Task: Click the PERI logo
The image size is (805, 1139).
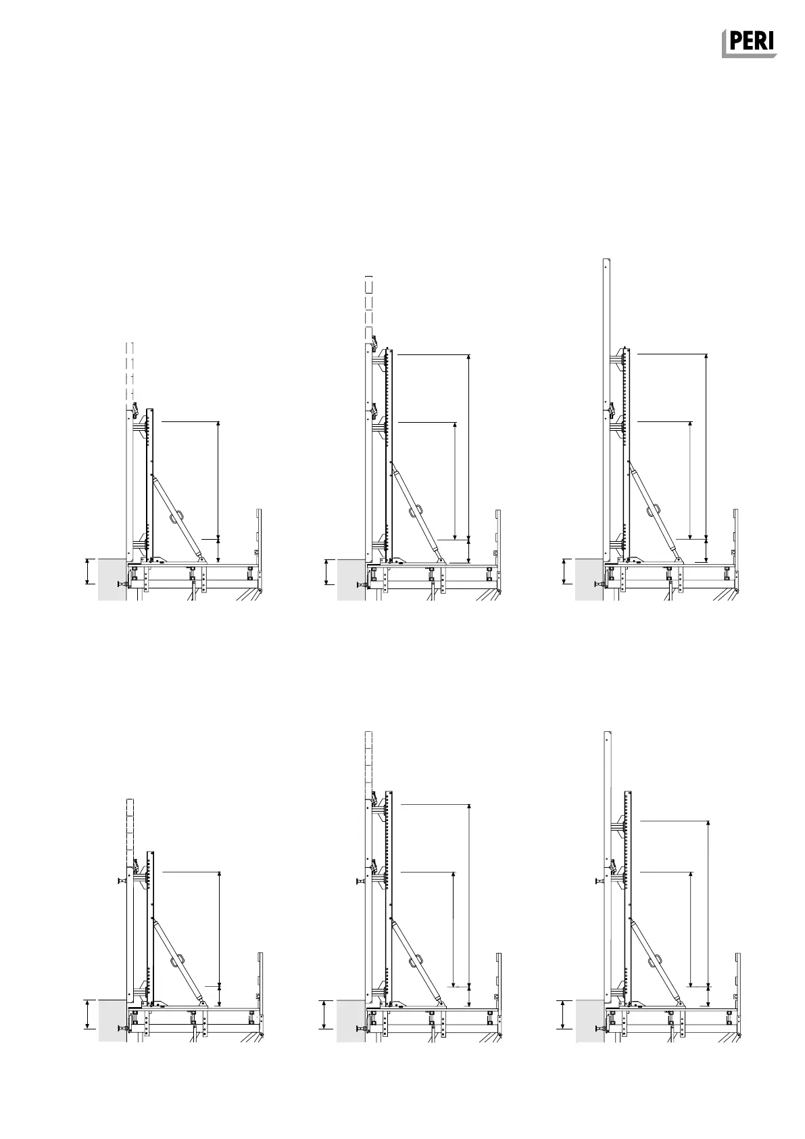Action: (748, 43)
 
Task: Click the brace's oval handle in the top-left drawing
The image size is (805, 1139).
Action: (177, 517)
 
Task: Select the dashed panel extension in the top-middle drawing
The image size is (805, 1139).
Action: (369, 308)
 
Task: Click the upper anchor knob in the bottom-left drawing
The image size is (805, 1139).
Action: (122, 881)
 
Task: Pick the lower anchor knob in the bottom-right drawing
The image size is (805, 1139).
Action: (598, 1029)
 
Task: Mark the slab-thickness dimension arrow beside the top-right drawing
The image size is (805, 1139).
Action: (565, 571)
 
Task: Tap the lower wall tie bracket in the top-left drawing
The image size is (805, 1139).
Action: (141, 543)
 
